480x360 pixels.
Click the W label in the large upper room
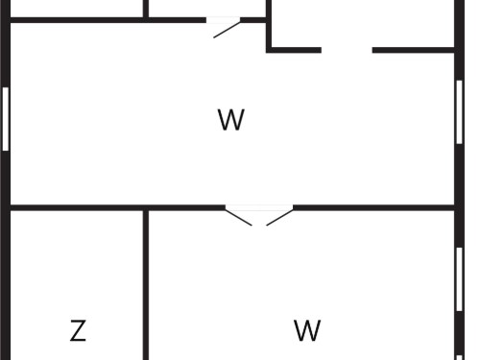tap(231, 120)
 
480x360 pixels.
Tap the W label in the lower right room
tap(307, 330)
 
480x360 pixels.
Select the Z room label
tap(78, 330)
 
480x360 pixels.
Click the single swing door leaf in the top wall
tap(227, 29)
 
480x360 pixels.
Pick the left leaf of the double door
tap(238, 217)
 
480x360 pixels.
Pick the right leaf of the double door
tap(279, 217)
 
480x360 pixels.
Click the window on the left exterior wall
tap(6, 119)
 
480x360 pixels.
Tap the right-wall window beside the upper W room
tap(459, 112)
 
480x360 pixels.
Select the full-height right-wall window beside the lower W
tap(459, 279)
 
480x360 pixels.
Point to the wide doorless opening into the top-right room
tap(347, 50)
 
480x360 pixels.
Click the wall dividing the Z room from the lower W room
tap(146, 285)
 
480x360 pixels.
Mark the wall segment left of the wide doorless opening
tap(294, 50)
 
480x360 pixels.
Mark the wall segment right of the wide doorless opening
tap(414, 50)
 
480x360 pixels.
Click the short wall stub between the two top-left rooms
tap(146, 9)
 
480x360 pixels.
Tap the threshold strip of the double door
tap(259, 207)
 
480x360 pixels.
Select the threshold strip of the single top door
tap(223, 20)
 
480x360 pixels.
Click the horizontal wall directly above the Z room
tap(77, 207)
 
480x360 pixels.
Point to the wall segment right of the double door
tap(373, 207)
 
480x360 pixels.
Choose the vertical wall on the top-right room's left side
tap(269, 25)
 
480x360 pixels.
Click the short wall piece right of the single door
tap(253, 20)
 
